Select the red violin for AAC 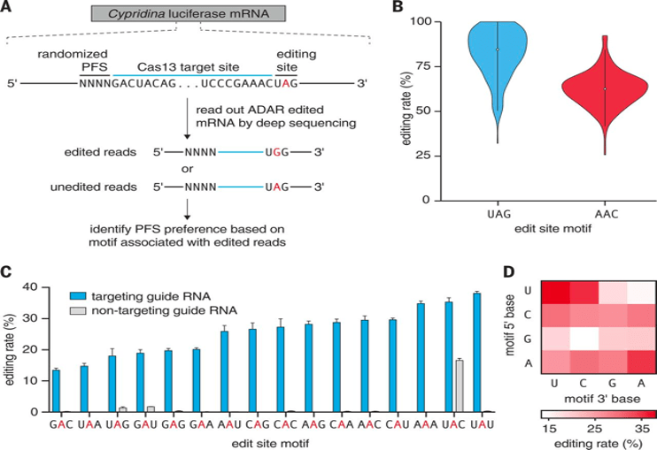605,88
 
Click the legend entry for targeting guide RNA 150,295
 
